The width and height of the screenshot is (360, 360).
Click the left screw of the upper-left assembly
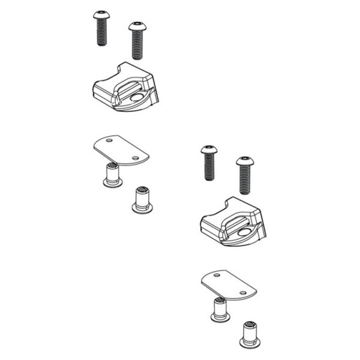pyautogui.click(x=100, y=29)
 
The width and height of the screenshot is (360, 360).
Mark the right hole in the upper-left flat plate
pyautogui.click(x=136, y=158)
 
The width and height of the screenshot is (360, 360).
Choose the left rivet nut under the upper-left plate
pyautogui.click(x=110, y=175)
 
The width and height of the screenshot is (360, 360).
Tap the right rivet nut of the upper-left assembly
pyautogui.click(x=142, y=199)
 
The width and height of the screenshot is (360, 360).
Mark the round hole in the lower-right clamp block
pyautogui.click(x=246, y=230)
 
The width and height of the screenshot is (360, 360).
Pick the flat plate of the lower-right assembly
pyautogui.click(x=228, y=284)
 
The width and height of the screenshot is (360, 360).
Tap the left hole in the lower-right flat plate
pyautogui.click(x=217, y=275)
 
